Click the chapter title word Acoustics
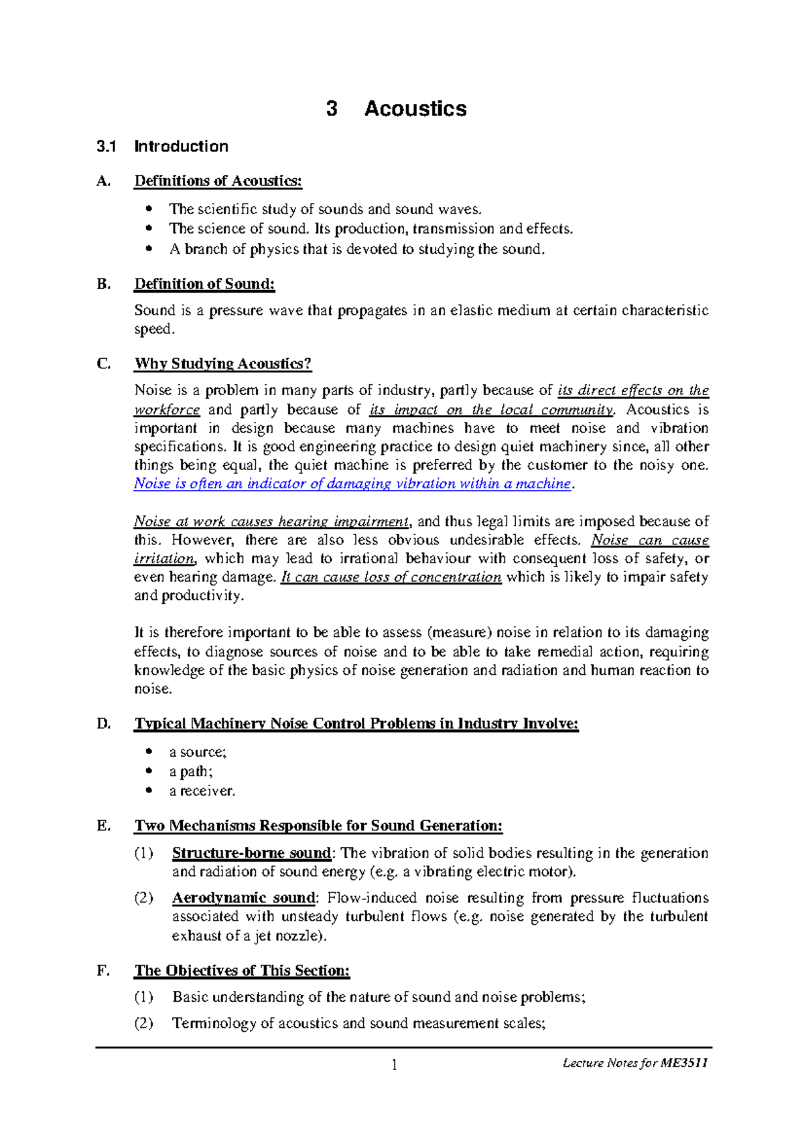click(x=415, y=108)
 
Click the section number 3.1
click(x=107, y=147)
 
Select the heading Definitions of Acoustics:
click(x=218, y=181)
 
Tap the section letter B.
click(x=103, y=284)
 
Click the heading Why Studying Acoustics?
click(x=222, y=364)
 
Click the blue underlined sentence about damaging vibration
click(x=352, y=483)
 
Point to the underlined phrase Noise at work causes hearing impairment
click(x=271, y=521)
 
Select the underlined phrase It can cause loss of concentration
click(x=391, y=577)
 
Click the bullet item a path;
click(x=191, y=771)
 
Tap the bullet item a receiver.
click(x=202, y=791)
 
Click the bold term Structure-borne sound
click(x=251, y=853)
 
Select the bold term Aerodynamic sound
click(x=243, y=897)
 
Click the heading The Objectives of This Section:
click(x=242, y=970)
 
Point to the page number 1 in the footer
click(x=395, y=1065)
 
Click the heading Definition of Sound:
click(x=204, y=284)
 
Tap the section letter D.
click(x=103, y=724)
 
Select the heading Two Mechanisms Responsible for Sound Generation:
click(x=318, y=826)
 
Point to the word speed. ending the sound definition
click(x=154, y=329)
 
